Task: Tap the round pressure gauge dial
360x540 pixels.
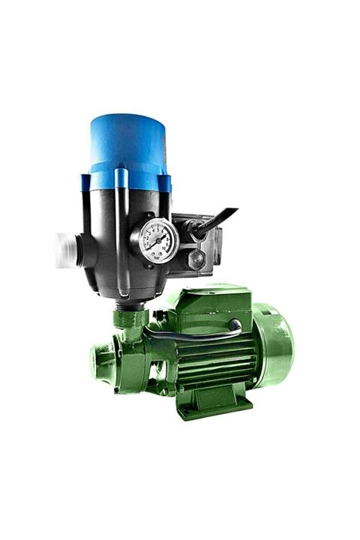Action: point(158,240)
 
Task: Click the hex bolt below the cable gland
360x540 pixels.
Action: point(197,259)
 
